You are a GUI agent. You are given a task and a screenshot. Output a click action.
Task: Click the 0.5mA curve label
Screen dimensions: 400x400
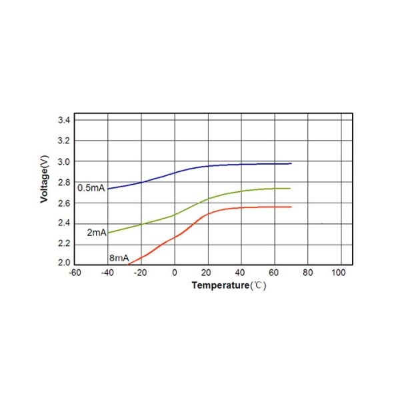(91, 188)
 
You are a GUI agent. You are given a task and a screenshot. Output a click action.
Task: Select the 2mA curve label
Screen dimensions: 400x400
(97, 233)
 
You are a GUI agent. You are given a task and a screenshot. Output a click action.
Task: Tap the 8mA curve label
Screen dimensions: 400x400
(119, 257)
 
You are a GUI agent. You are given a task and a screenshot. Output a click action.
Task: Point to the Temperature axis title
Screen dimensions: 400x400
(229, 285)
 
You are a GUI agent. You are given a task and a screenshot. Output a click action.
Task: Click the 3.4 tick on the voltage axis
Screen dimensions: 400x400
(64, 120)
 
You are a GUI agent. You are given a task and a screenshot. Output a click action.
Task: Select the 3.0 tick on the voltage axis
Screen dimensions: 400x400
(64, 161)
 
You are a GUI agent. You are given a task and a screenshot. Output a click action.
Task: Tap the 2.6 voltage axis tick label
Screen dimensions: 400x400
(64, 203)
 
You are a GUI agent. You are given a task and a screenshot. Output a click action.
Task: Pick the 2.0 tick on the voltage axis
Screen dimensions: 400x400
(64, 263)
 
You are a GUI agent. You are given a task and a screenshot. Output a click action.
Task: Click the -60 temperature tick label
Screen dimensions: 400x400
(75, 273)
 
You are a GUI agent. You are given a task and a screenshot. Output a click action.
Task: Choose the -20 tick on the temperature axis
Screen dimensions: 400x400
(141, 273)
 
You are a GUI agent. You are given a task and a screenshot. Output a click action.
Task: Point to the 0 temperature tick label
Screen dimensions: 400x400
(174, 273)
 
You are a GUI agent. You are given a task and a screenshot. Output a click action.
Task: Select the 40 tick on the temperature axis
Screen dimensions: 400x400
(241, 273)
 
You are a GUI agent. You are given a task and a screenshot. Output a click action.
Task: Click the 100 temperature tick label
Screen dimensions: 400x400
(338, 273)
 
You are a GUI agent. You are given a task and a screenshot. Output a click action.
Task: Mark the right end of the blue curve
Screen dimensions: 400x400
(291, 163)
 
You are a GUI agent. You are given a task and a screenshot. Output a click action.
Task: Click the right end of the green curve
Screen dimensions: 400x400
(291, 188)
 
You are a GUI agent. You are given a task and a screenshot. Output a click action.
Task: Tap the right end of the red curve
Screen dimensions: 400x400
(291, 207)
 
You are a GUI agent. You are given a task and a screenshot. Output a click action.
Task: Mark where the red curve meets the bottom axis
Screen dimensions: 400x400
(128, 265)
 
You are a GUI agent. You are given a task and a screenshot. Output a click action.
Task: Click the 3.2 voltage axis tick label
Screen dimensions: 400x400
(64, 141)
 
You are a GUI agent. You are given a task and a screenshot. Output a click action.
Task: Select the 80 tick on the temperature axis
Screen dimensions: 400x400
(307, 273)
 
